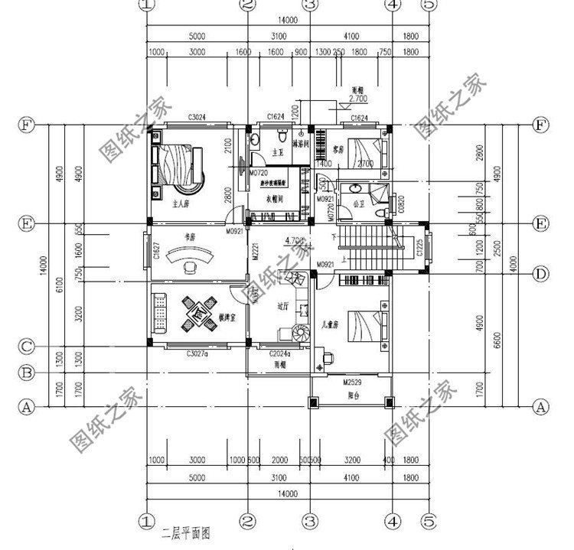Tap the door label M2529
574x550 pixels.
(353, 381)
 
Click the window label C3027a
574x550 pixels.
(199, 354)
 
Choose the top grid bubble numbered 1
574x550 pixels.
(148, 5)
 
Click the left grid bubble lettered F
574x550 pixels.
(27, 125)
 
